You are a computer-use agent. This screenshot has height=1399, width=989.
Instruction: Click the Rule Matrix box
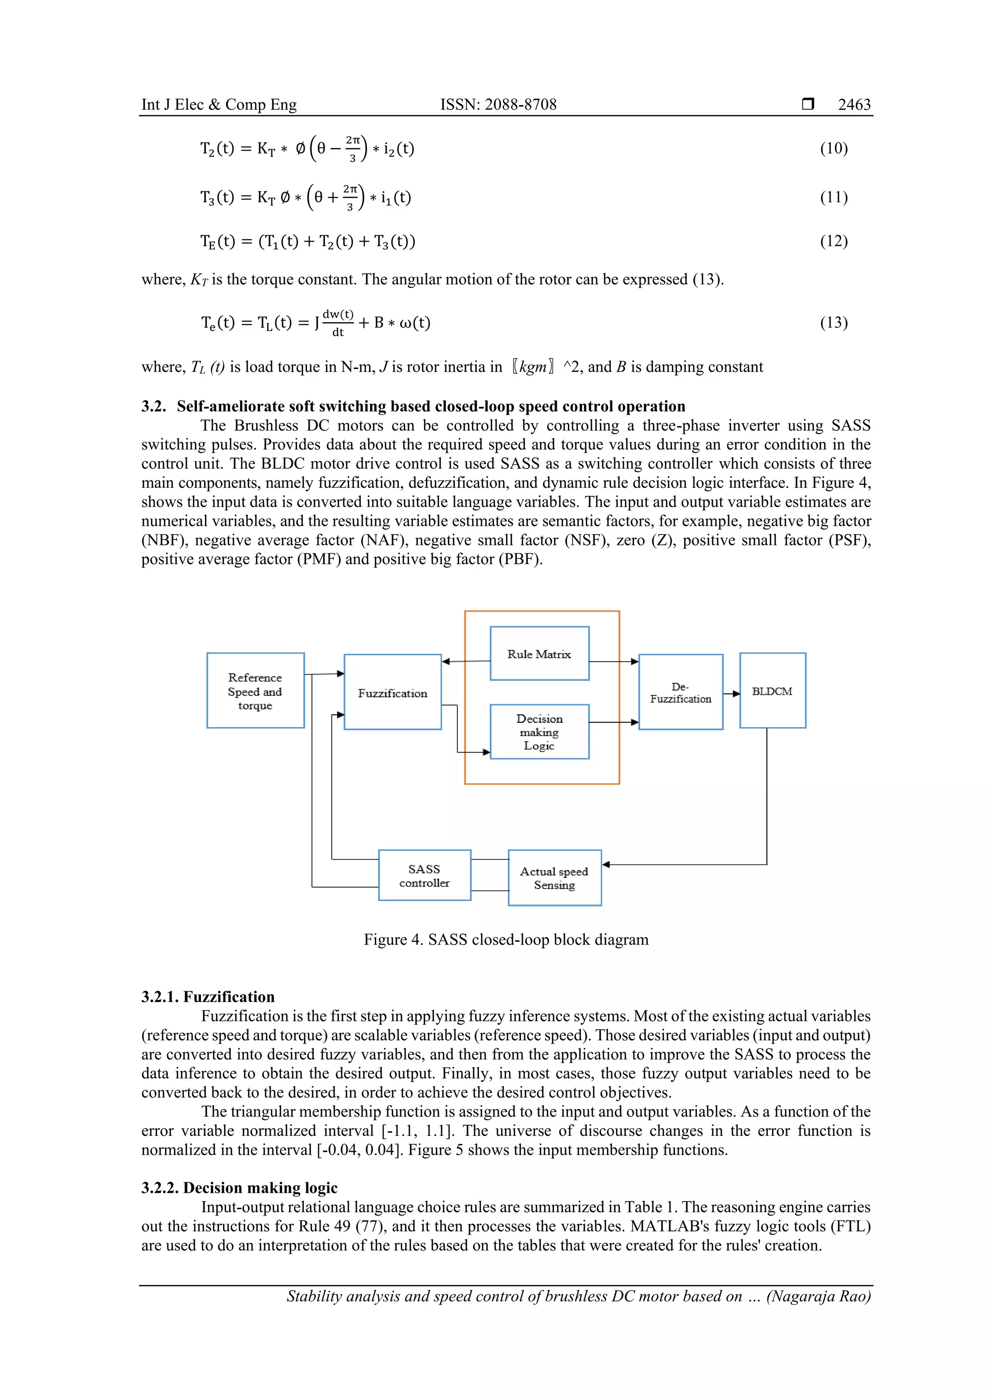point(539,653)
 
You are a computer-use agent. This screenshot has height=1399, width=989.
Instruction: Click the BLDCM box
point(772,691)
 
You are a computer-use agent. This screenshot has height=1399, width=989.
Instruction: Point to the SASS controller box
point(424,876)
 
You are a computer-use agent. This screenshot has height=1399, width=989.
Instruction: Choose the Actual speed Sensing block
point(554,878)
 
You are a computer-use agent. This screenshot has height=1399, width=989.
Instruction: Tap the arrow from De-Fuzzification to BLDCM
point(731,693)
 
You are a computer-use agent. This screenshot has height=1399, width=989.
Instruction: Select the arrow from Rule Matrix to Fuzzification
point(466,661)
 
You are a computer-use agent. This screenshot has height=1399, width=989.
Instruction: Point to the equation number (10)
point(834,148)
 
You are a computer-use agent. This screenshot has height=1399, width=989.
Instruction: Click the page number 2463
point(854,104)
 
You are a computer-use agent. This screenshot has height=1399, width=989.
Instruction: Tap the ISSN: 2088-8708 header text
point(498,104)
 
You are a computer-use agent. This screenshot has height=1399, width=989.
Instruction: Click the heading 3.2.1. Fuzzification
point(208,997)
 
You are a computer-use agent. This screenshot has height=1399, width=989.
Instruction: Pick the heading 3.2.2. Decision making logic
point(239,1187)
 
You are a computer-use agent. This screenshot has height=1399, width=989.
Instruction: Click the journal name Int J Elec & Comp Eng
point(219,104)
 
